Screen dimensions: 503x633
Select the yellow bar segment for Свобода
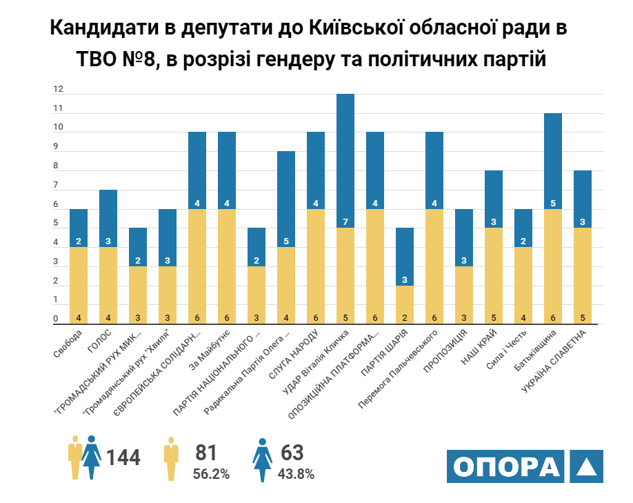(x=79, y=285)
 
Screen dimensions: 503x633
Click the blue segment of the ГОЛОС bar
(x=108, y=218)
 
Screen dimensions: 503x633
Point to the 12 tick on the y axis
(x=59, y=90)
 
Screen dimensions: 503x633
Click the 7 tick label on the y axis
(x=59, y=186)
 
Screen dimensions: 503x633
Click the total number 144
(x=123, y=457)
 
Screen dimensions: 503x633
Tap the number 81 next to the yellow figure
(x=206, y=453)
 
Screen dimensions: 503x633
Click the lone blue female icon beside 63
(x=263, y=459)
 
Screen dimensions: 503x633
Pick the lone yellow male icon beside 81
(x=171, y=459)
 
